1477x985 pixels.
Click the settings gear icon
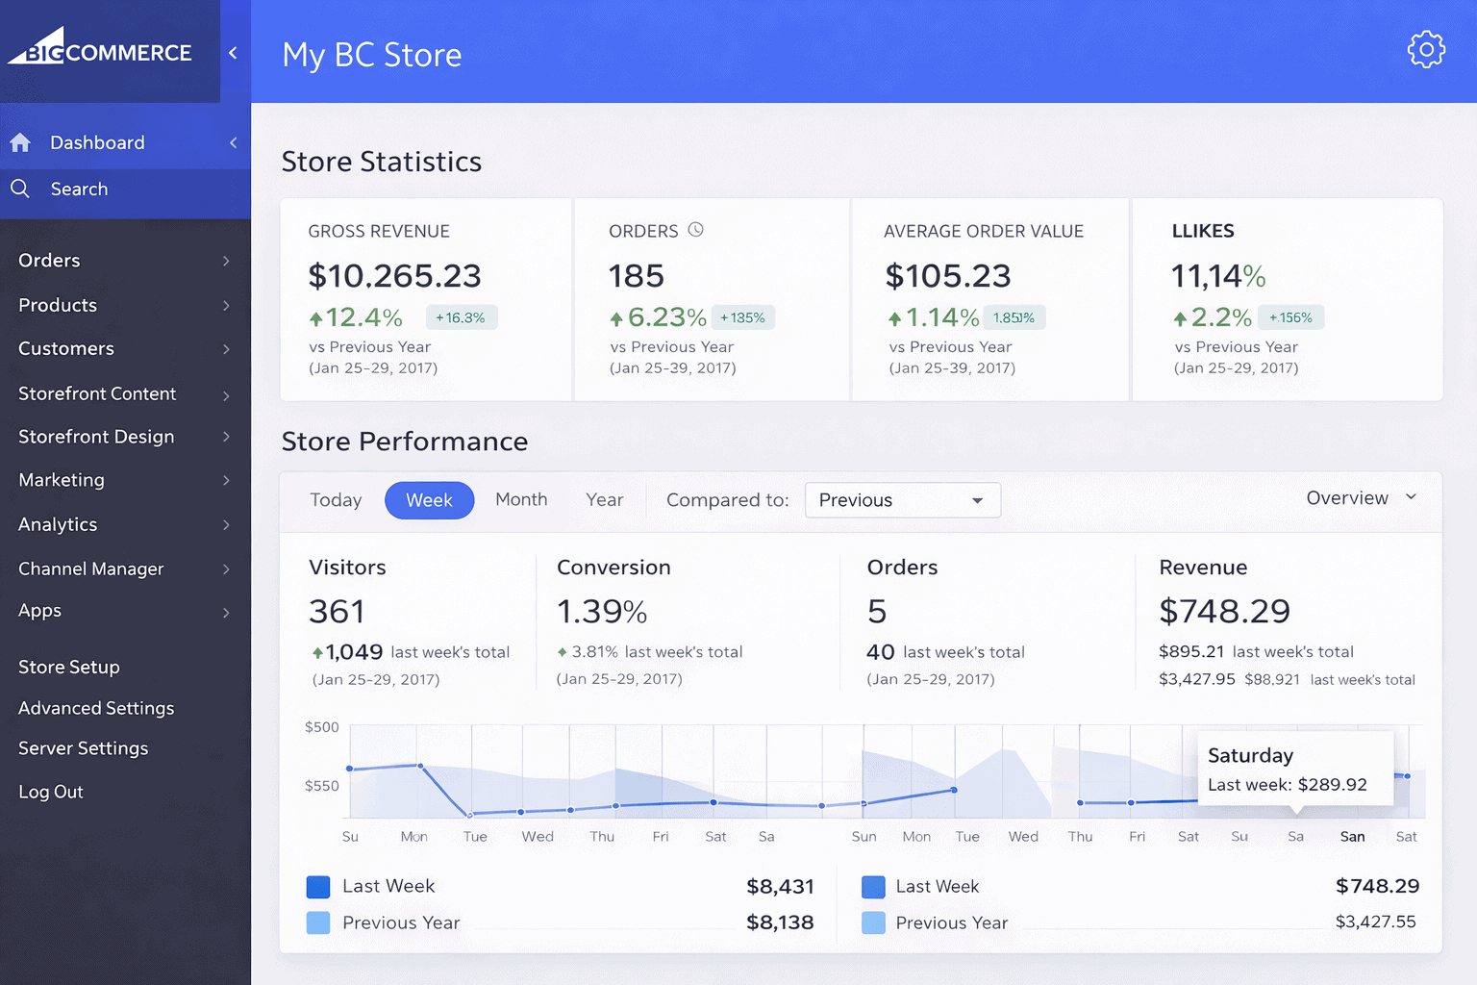coord(1426,50)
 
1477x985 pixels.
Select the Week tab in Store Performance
coord(429,500)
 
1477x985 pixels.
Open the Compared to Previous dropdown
coord(902,500)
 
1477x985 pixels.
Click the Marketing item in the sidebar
coord(62,480)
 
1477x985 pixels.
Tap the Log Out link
coord(51,792)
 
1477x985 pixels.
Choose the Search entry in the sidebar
coord(79,189)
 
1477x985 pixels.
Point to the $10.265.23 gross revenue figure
coord(394,276)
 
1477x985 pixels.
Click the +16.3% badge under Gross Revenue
coord(461,317)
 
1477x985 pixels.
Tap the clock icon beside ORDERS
coord(696,230)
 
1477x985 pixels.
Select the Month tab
coord(521,499)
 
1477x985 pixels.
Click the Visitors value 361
coord(337,612)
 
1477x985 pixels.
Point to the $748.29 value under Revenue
coord(1224,611)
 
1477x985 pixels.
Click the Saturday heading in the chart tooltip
coord(1250,755)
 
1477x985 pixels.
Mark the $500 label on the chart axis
coord(322,727)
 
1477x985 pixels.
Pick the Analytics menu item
coord(58,524)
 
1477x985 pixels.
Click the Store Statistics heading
coord(382,162)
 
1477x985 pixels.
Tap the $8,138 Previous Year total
coord(780,922)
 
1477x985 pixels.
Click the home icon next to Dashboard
coord(20,143)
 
